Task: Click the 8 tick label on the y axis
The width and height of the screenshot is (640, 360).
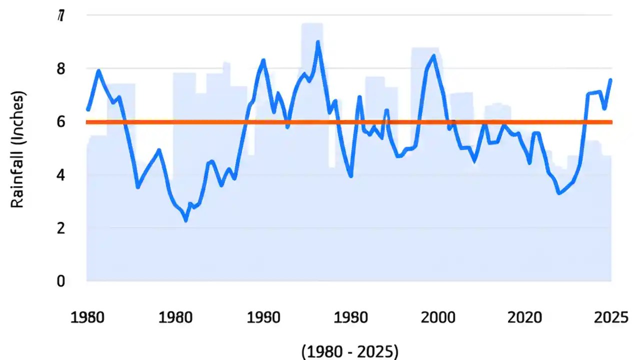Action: (x=60, y=68)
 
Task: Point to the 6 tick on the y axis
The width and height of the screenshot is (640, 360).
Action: (x=60, y=122)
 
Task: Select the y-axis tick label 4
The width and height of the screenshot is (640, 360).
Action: (x=60, y=175)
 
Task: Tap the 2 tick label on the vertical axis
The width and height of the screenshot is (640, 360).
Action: (x=60, y=228)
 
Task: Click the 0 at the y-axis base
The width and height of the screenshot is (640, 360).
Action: (x=60, y=281)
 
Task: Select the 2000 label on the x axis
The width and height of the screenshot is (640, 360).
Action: (x=438, y=317)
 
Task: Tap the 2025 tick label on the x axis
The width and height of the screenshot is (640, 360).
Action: (x=610, y=317)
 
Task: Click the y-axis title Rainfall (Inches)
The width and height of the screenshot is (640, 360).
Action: (x=18, y=149)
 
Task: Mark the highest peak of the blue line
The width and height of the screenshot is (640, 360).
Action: (x=318, y=42)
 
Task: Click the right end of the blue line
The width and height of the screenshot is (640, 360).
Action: (x=610, y=80)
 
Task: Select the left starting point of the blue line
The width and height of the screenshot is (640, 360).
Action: (x=88, y=109)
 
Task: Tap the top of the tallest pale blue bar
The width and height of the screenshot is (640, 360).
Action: (x=312, y=23)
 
